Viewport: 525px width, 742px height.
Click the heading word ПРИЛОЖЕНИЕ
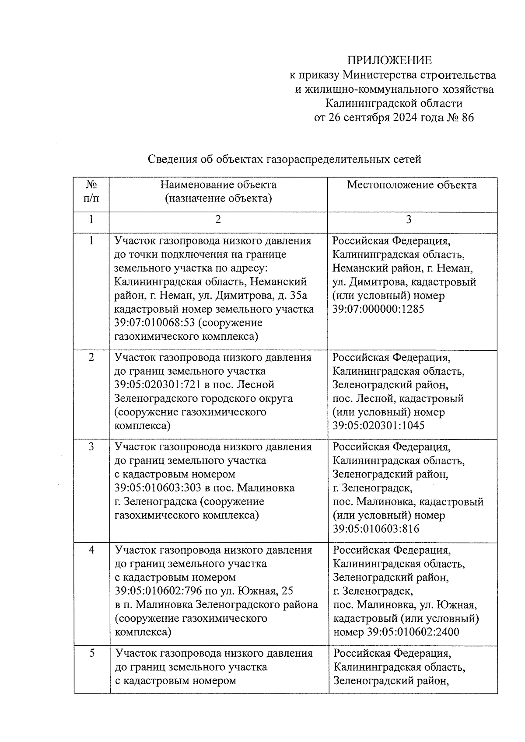(x=389, y=60)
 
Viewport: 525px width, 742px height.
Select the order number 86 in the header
(x=467, y=118)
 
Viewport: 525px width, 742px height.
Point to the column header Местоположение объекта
(x=412, y=185)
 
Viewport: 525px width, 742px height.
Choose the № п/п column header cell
(x=91, y=192)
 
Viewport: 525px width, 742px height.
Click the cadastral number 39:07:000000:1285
(x=378, y=309)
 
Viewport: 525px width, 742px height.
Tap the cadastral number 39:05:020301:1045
(x=378, y=425)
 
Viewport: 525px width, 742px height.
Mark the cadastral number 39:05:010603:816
(x=376, y=529)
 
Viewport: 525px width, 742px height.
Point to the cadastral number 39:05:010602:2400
(x=413, y=632)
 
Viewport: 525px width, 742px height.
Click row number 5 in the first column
(x=92, y=653)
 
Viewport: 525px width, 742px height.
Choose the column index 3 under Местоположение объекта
(x=408, y=219)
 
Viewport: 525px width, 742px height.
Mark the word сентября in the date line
(x=367, y=118)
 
